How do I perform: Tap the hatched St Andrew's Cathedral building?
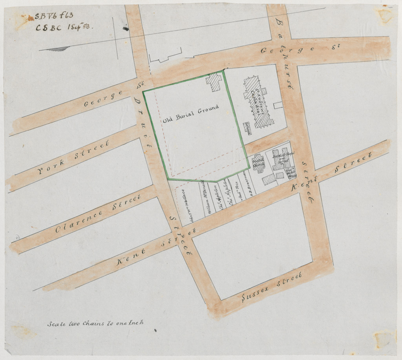(258, 103)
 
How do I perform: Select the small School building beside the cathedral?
(247, 128)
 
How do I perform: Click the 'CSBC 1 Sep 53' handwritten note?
(62, 27)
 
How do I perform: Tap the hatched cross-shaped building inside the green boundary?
(214, 82)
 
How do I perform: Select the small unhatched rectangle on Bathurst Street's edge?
(278, 105)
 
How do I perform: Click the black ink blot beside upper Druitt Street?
(126, 28)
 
